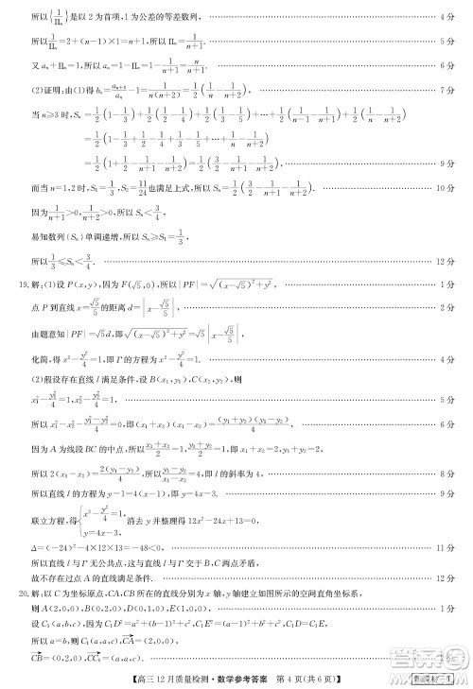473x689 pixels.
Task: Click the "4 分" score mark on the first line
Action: (x=447, y=18)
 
